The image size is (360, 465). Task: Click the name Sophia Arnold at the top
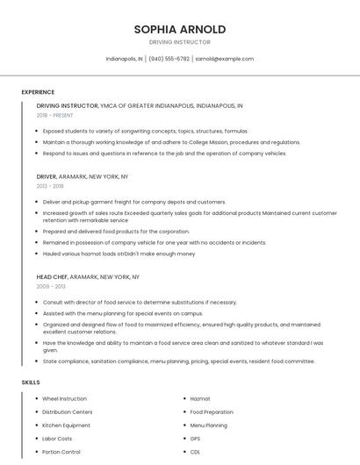click(x=180, y=29)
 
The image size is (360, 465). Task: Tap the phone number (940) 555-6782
click(x=169, y=59)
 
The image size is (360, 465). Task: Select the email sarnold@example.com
click(x=224, y=59)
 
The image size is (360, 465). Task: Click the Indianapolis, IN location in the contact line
click(x=124, y=59)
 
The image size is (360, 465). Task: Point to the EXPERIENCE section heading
click(x=38, y=92)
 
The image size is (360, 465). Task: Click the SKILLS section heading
click(x=31, y=383)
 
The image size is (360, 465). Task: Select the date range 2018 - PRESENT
click(x=56, y=115)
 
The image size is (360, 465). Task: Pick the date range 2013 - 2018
click(x=50, y=186)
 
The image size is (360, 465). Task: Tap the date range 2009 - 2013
click(x=51, y=287)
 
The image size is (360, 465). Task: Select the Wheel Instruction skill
click(x=65, y=399)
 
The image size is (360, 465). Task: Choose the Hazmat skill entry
click(x=200, y=399)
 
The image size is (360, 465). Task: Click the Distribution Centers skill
click(x=68, y=412)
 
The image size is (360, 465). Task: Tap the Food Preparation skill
click(x=212, y=412)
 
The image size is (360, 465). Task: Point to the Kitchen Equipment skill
click(x=65, y=426)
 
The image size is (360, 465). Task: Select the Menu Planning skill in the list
click(x=208, y=426)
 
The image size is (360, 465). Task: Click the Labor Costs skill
click(x=57, y=439)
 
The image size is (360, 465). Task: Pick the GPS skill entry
click(x=195, y=439)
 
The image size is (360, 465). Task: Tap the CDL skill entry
click(x=195, y=452)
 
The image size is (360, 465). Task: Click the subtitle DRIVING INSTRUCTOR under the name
click(x=180, y=42)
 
